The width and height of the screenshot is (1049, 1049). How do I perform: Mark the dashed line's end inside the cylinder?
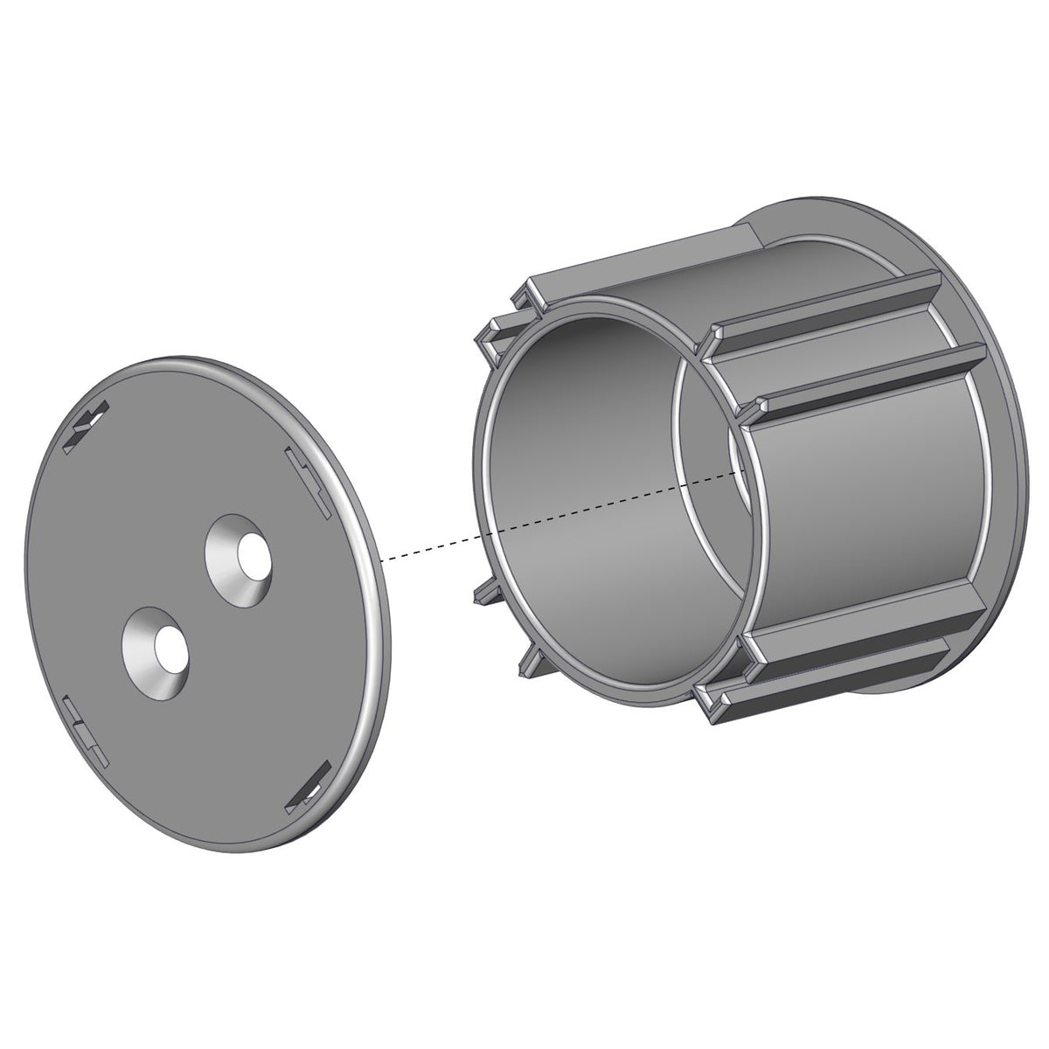[x=743, y=469]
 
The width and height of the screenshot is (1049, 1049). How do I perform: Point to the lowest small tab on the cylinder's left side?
[x=530, y=664]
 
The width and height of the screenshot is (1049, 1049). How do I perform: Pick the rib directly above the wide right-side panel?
[x=865, y=376]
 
